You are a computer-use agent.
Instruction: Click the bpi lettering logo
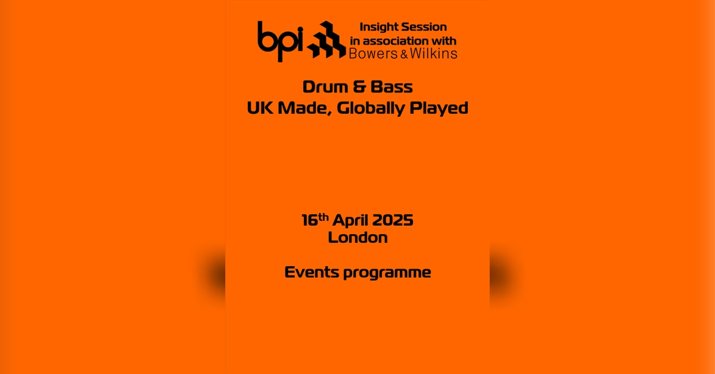point(280,39)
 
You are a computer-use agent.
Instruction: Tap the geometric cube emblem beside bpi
point(327,40)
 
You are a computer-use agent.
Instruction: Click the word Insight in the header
point(380,27)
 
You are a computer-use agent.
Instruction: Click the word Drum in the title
point(325,87)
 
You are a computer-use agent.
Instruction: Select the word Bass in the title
point(391,87)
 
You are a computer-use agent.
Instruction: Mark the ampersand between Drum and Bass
point(359,87)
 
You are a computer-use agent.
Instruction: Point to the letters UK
point(258,109)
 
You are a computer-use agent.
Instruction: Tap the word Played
point(439,109)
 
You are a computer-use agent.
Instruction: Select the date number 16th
point(315,220)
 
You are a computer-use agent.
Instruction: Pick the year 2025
point(393,220)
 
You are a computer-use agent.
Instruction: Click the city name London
point(357,237)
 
